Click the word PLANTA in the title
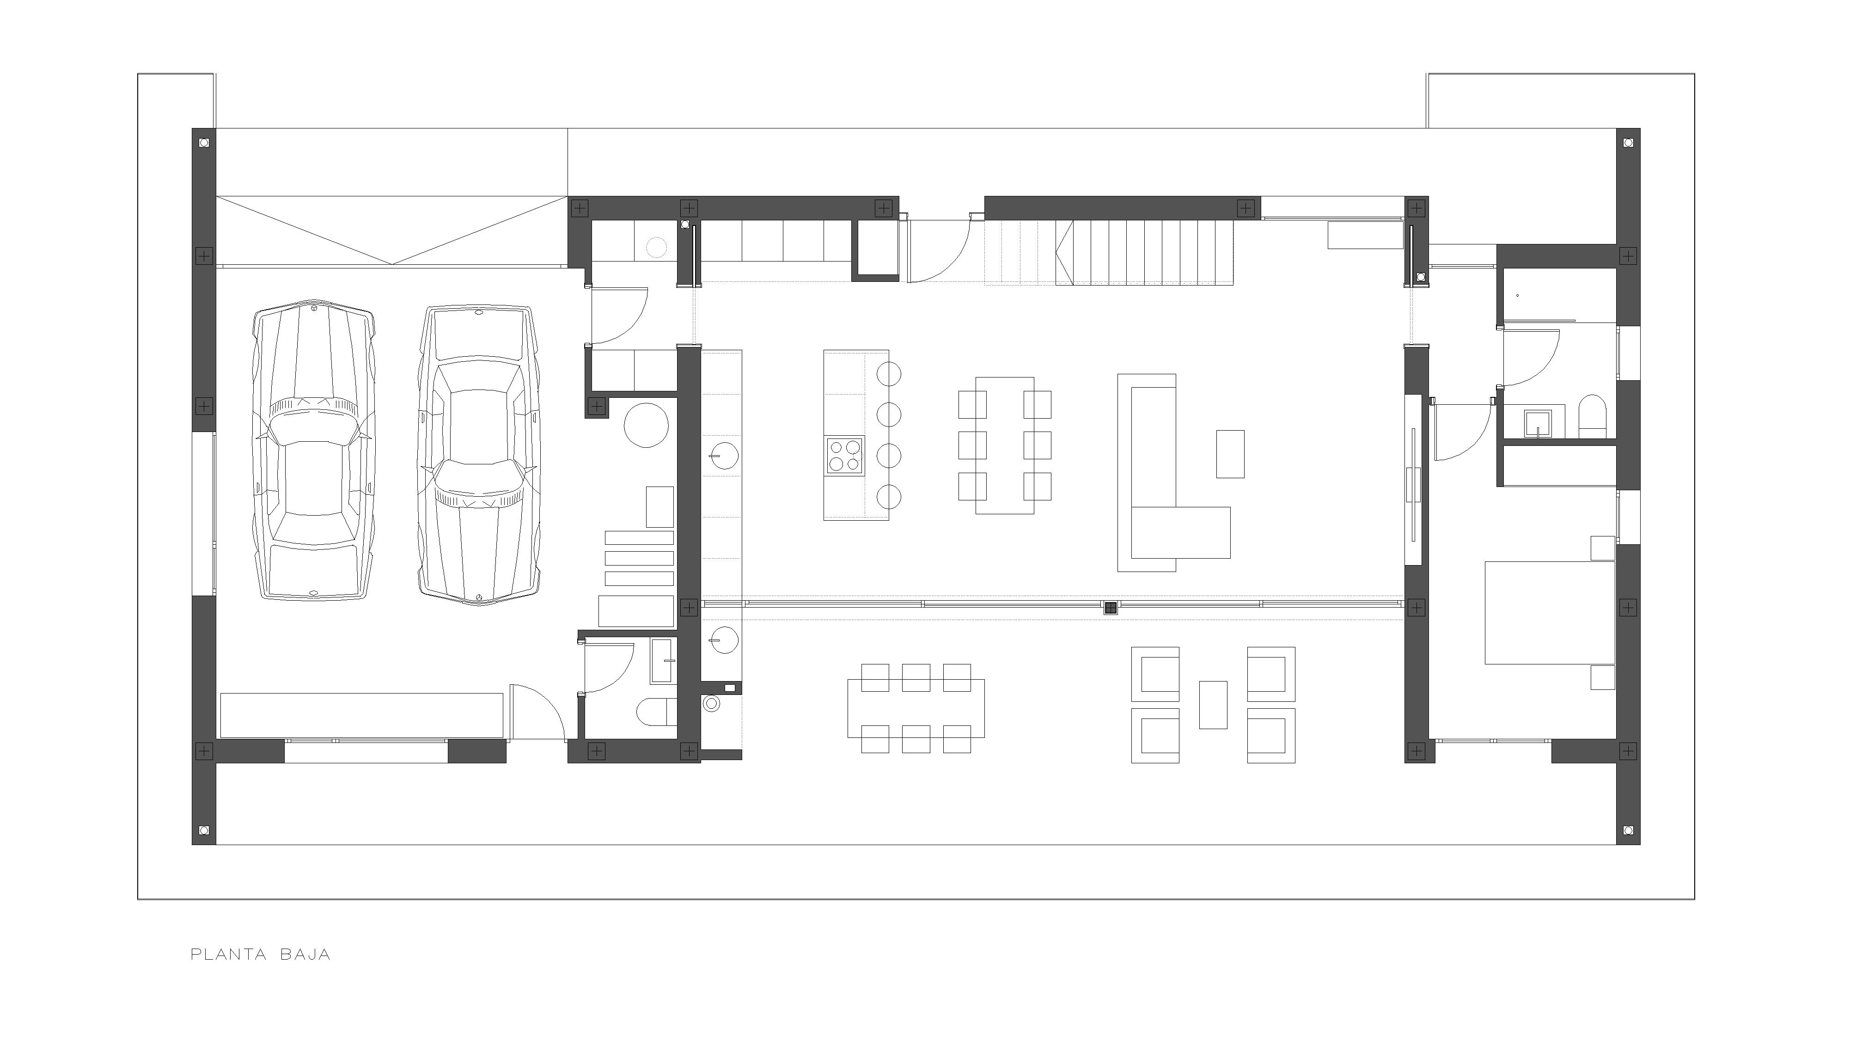click(x=228, y=955)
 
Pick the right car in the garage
click(x=477, y=457)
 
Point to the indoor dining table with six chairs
click(x=1005, y=445)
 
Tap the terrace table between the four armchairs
click(x=1213, y=704)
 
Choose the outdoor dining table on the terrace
click(x=916, y=709)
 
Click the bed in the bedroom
click(x=1550, y=612)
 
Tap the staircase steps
click(x=1144, y=253)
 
